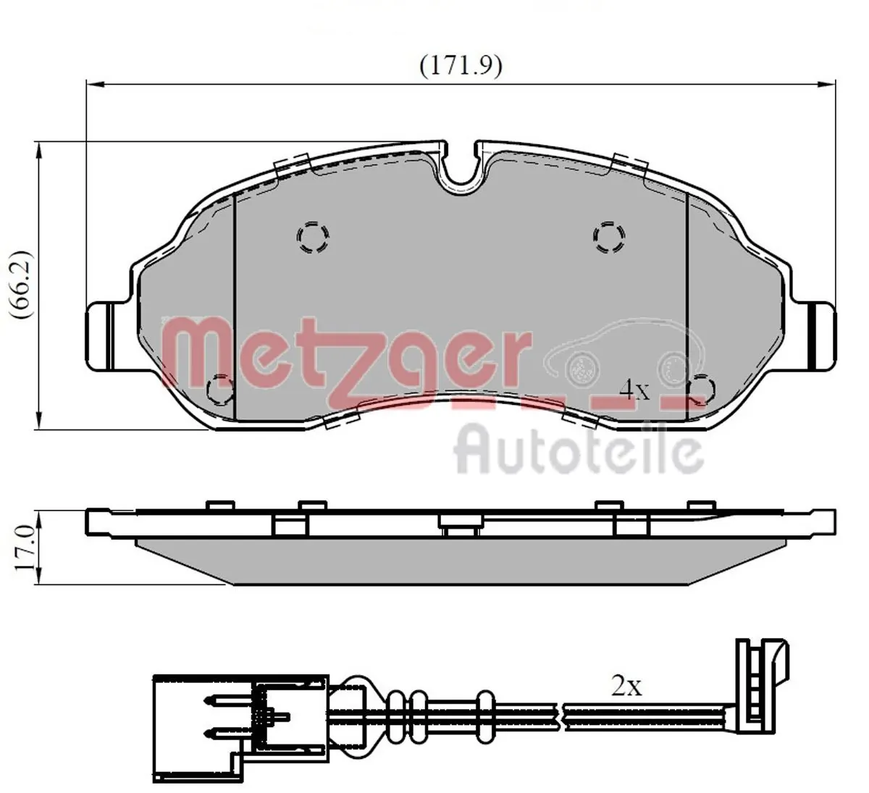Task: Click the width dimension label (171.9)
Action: pyautogui.click(x=461, y=66)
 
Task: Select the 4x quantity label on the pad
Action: pyautogui.click(x=635, y=390)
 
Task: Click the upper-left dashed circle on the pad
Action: pyautogui.click(x=314, y=236)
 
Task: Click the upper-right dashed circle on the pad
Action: pyautogui.click(x=609, y=236)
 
